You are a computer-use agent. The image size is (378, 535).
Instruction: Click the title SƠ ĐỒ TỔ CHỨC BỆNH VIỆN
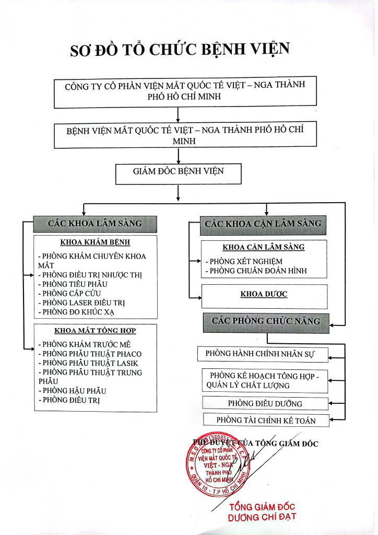tap(180, 49)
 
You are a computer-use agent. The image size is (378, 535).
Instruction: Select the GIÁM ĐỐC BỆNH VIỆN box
tap(178, 174)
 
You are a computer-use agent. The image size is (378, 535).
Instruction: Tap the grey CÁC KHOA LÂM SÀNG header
tap(95, 224)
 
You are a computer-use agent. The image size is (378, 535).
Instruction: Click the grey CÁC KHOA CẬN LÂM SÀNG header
tap(263, 225)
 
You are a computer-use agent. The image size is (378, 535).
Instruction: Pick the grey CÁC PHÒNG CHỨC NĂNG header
tap(266, 323)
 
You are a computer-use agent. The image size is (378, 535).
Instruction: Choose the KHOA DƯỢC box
tap(265, 297)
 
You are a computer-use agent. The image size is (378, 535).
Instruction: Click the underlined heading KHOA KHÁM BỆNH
tap(95, 242)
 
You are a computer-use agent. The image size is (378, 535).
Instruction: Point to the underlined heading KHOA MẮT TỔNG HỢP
tap(95, 331)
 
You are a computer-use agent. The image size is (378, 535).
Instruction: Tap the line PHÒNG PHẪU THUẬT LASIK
tap(88, 363)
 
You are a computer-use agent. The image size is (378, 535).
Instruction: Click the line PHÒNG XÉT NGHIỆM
tap(244, 262)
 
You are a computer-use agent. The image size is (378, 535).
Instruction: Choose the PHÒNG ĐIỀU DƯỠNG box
tap(265, 403)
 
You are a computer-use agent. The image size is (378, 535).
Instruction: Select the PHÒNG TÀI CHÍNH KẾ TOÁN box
tap(266, 420)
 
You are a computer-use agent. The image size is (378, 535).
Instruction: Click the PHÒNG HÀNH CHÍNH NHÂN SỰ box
tap(263, 355)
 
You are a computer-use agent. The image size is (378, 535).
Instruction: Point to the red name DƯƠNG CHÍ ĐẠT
tap(262, 517)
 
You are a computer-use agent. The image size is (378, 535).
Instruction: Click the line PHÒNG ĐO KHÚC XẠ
tap(76, 312)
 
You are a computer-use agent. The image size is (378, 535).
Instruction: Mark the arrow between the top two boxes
tap(178, 115)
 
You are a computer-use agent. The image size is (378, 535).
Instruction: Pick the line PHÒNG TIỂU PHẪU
tap(73, 284)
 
